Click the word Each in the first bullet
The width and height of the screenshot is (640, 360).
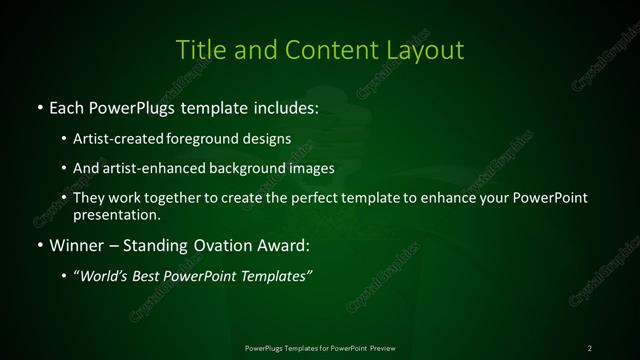tap(65, 107)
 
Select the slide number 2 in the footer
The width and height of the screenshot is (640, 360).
tap(590, 347)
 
